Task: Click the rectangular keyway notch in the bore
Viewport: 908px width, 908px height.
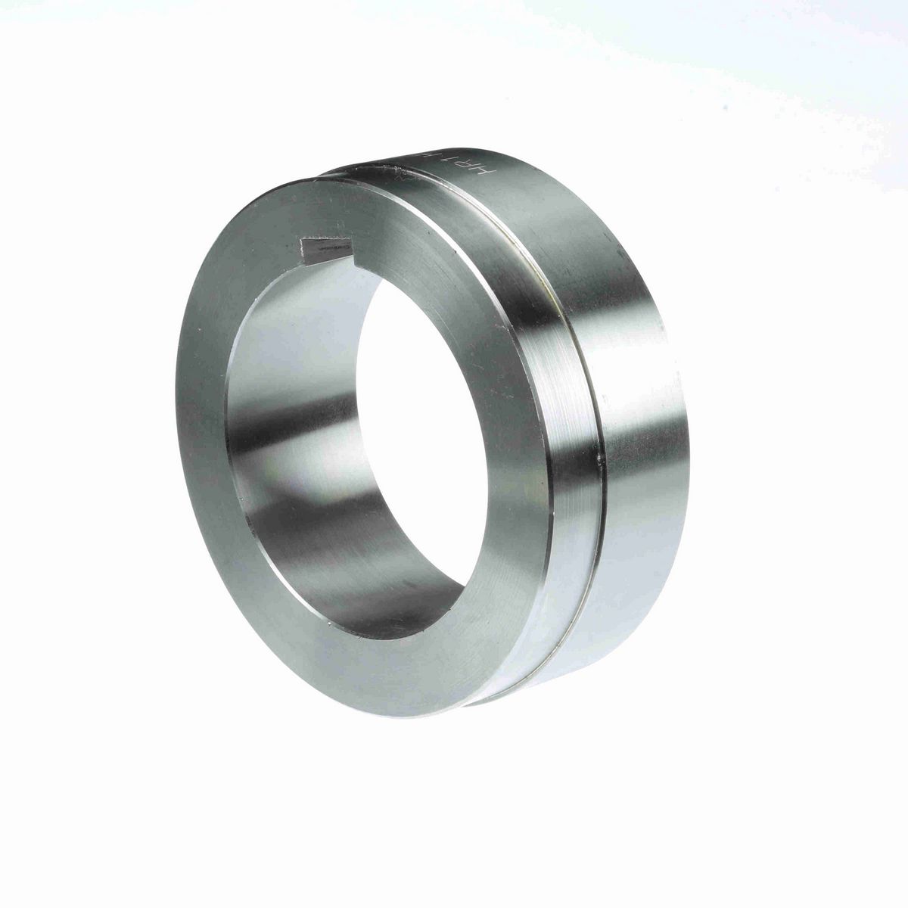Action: coord(326,248)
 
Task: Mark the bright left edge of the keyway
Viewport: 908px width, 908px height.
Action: coord(303,247)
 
